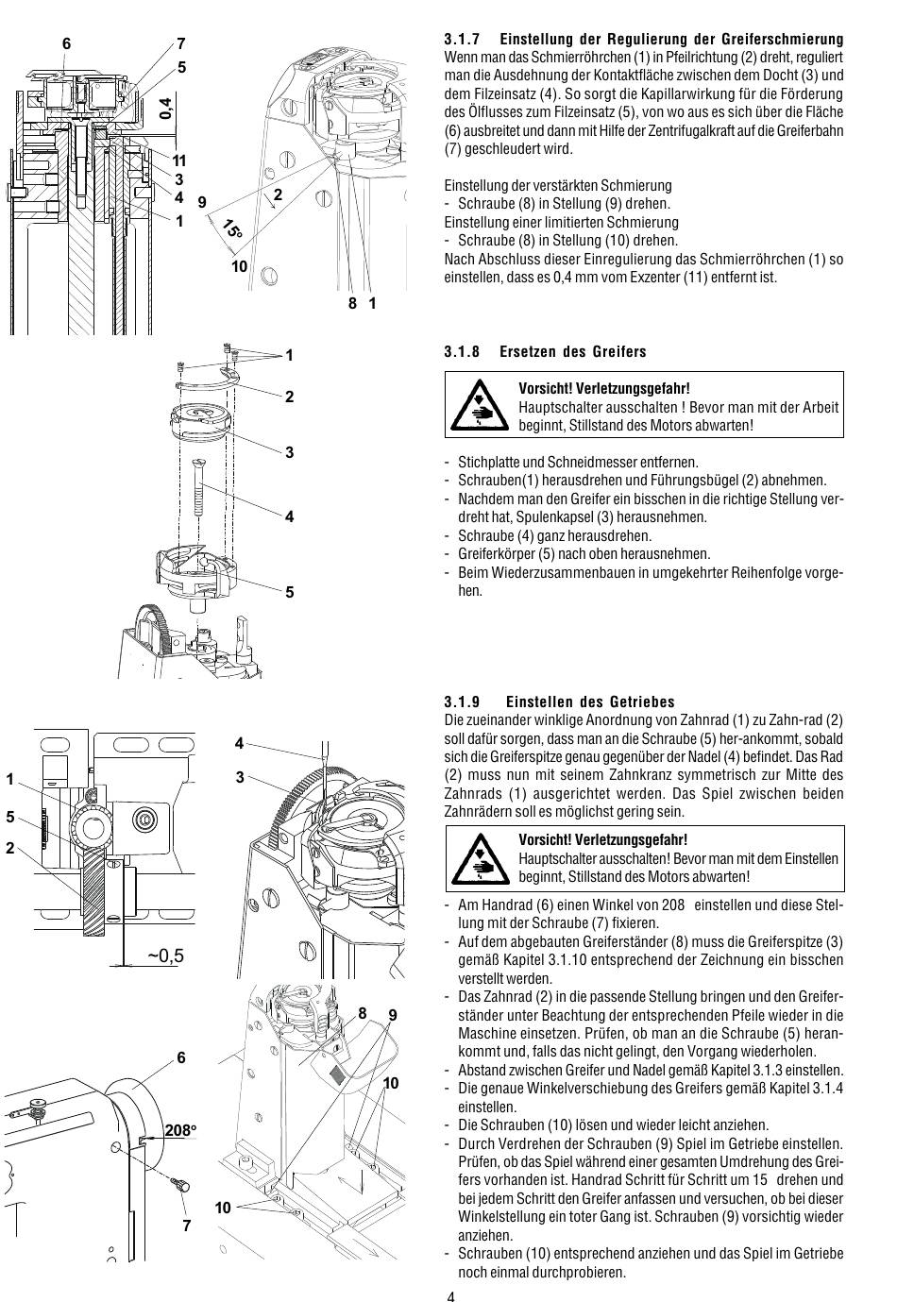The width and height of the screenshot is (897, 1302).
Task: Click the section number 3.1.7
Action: coord(462,40)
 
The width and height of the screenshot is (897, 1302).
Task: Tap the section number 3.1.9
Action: coord(462,702)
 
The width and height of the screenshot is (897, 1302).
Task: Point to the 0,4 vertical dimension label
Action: coord(167,107)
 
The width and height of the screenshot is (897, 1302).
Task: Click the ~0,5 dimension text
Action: coord(165,955)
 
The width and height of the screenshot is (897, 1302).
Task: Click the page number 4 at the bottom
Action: coord(451,1295)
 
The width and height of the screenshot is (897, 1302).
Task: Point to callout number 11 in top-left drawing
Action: coord(178,161)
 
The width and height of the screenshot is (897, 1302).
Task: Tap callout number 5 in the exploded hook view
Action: coord(290,592)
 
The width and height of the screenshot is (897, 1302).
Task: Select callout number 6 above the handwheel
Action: coord(181,1058)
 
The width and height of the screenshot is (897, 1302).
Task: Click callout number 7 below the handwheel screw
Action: coord(186,1226)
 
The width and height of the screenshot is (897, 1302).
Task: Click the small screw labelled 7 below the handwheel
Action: coord(179,1183)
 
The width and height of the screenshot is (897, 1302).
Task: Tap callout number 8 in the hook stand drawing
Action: coord(362,1013)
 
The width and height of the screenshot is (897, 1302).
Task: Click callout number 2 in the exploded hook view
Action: coord(290,397)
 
